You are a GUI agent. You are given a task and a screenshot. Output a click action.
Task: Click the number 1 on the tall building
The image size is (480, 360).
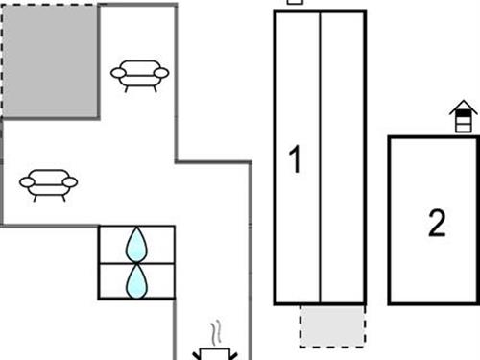296,159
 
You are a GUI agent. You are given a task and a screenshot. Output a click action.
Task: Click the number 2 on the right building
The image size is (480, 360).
437,225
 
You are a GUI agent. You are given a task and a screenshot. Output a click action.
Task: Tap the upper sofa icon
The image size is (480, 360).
139,73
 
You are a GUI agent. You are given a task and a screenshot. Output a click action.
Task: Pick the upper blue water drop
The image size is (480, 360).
137,245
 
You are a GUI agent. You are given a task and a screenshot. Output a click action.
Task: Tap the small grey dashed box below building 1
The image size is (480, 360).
332,325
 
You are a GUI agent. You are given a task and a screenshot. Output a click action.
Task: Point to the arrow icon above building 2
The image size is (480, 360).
464,119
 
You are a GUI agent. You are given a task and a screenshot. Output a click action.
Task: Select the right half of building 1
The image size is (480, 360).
342,157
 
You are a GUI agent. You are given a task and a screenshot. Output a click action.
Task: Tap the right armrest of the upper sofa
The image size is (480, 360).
163,72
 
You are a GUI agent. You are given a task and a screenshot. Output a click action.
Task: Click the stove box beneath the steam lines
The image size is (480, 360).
211,354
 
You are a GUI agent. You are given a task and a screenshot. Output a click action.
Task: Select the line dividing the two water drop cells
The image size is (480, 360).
137,262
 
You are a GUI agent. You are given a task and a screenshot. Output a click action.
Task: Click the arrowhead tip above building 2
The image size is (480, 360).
464,105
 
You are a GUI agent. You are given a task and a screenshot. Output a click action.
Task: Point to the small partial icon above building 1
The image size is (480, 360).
296,2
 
